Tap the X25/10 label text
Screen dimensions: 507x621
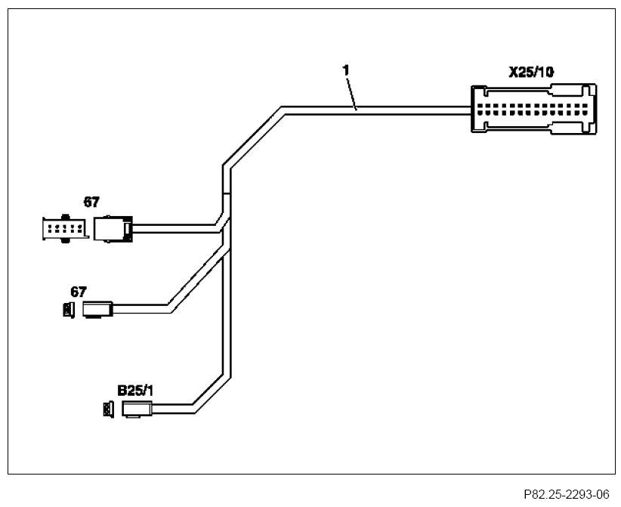(530, 73)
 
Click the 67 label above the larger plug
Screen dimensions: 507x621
(91, 202)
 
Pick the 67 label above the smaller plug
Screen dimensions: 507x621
(79, 291)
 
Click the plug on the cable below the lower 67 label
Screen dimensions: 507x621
(97, 308)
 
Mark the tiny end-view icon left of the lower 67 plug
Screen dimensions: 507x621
(68, 308)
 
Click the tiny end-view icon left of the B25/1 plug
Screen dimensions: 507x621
(107, 410)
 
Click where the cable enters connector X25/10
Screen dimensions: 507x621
(468, 110)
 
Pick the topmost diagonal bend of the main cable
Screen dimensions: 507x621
(253, 136)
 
